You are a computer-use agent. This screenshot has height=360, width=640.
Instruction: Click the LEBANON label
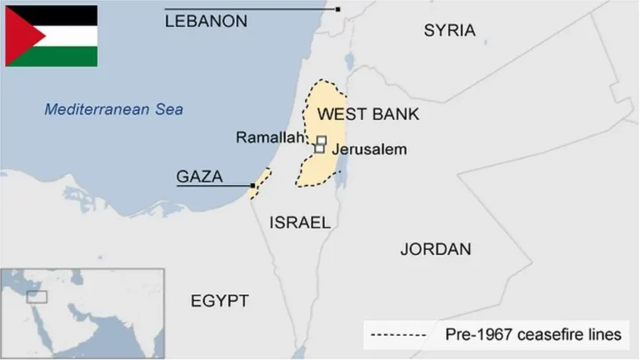(x=206, y=22)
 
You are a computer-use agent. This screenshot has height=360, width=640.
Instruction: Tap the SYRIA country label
(x=449, y=31)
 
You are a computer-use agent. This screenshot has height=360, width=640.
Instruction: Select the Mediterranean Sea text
(x=113, y=109)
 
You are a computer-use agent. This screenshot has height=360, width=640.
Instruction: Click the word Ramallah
(x=267, y=137)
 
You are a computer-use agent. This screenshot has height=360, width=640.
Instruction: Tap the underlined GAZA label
(x=199, y=177)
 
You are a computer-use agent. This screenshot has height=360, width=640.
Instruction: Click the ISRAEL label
(x=300, y=222)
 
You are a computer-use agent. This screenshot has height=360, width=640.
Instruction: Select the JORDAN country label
(x=435, y=249)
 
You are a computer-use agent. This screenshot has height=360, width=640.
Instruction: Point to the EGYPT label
(x=220, y=301)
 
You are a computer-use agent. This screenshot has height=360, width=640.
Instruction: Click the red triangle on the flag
(x=18, y=36)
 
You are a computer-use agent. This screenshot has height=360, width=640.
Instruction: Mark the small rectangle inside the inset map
(x=37, y=297)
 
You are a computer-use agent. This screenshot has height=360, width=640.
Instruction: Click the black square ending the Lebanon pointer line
(x=337, y=9)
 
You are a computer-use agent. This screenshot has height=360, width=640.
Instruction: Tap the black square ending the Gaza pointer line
(x=252, y=185)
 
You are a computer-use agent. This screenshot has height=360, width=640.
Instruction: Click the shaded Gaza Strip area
(x=260, y=183)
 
